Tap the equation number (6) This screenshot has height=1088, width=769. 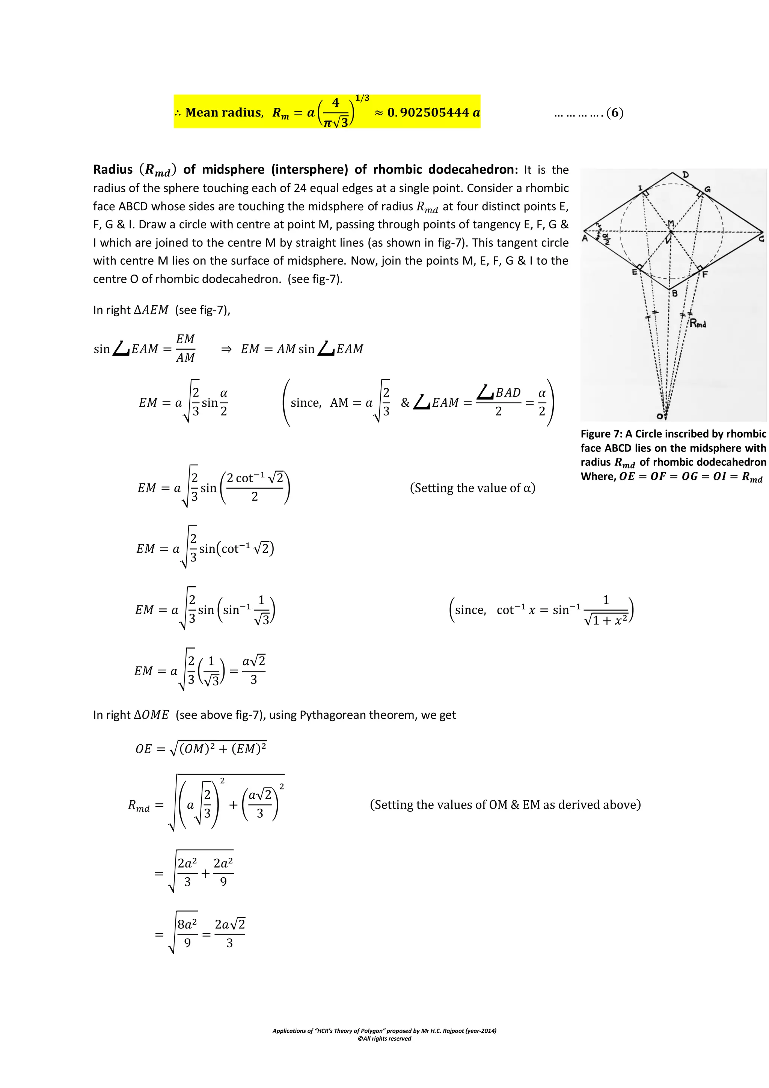615,113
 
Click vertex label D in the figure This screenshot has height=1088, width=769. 686,175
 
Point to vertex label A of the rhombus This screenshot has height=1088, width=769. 585,238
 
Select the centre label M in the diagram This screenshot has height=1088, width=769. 671,223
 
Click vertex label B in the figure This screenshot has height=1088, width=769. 675,293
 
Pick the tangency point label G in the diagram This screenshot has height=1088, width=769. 707,190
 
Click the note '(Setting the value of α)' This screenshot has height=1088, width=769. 472,488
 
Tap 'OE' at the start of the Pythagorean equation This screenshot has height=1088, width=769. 143,749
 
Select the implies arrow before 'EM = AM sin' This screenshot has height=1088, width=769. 226,349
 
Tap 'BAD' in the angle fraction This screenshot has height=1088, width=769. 508,393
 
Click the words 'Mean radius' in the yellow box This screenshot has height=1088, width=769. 223,113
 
